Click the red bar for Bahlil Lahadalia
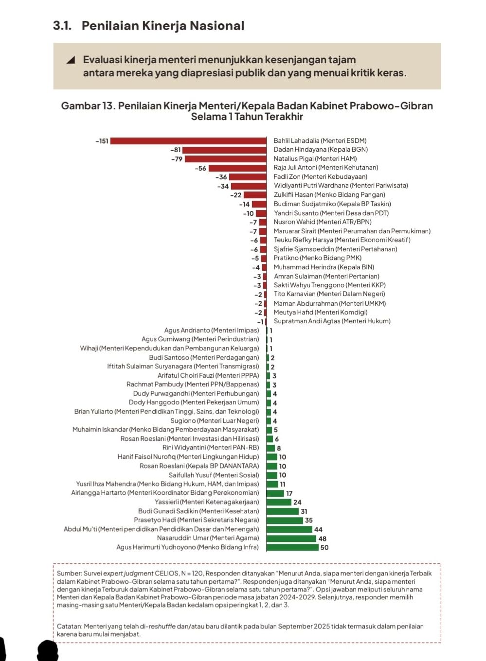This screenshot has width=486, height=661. pyautogui.click(x=188, y=141)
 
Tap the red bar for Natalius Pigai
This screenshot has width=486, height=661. pyautogui.click(x=225, y=159)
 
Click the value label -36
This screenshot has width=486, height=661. pyautogui.click(x=221, y=177)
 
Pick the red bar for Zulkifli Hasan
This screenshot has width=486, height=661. pyautogui.click(x=255, y=195)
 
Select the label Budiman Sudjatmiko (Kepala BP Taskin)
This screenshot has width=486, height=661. pyautogui.click(x=332, y=204)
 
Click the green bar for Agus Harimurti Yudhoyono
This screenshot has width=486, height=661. pyautogui.click(x=292, y=547)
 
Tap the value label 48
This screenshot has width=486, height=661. pyautogui.click(x=323, y=539)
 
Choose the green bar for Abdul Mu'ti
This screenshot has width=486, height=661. pyautogui.click(x=289, y=529)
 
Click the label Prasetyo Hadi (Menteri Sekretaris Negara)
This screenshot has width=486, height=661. pyautogui.click(x=197, y=520)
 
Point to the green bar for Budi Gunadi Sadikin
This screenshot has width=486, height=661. pyautogui.click(x=283, y=511)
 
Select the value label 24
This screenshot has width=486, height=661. pyautogui.click(x=297, y=503)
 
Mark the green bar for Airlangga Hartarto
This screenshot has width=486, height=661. pyautogui.click(x=275, y=493)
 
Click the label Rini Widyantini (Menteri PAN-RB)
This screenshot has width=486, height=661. pyautogui.click(x=211, y=448)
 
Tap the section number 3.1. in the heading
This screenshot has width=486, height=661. pyautogui.click(x=62, y=26)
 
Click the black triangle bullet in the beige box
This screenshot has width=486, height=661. pyautogui.click(x=71, y=60)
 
